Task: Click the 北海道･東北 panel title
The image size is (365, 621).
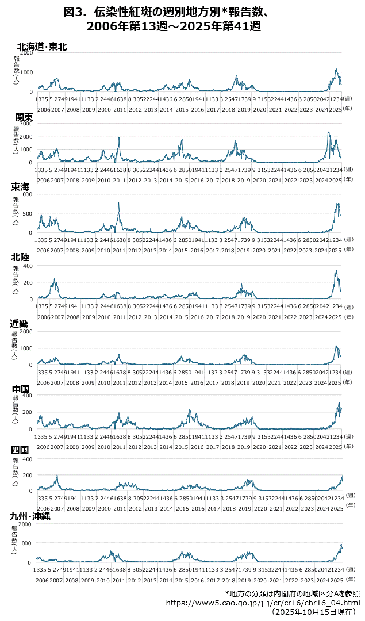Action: [x=42, y=47]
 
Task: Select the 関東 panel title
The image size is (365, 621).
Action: [x=24, y=117]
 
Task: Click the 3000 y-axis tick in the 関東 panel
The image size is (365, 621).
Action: [x=26, y=123]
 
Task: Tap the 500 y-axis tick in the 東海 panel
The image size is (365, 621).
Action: [x=28, y=213]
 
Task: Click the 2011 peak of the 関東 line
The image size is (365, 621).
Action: [x=118, y=137]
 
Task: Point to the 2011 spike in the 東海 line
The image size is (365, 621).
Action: [x=118, y=202]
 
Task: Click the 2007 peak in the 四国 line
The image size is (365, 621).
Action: [x=57, y=475]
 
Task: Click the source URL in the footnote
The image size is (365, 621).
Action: [x=263, y=603]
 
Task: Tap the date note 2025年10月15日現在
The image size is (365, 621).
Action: [x=315, y=612]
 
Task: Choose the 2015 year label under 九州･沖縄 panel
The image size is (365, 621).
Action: [x=181, y=581]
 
